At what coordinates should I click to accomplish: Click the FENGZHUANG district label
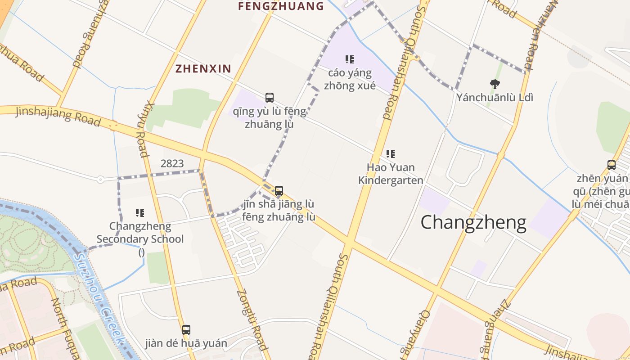point(281,6)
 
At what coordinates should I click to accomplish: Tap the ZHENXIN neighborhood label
point(203,68)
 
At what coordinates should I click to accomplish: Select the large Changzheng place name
point(473,222)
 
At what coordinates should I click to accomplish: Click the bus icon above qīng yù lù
point(269,97)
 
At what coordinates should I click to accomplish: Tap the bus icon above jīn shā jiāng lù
point(279,190)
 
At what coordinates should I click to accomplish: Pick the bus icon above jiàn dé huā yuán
point(186,329)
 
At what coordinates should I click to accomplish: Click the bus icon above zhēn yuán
point(611,165)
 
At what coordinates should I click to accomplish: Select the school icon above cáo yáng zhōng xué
point(350,59)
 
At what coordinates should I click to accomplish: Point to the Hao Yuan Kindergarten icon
point(391,154)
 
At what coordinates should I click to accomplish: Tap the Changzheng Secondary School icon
point(140,212)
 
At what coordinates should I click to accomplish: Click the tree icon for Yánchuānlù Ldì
point(495,83)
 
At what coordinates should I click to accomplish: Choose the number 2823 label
point(172,163)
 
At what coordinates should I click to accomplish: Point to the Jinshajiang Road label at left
point(58,115)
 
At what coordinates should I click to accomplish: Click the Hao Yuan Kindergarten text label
point(391,174)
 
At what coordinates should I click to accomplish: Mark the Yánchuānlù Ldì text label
point(495,97)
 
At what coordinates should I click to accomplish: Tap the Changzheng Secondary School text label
point(140,232)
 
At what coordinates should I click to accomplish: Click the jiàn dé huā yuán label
point(186,343)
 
